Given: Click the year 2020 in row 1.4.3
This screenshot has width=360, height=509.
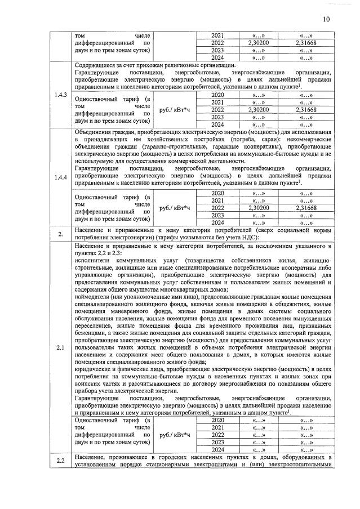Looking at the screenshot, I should click(217, 95).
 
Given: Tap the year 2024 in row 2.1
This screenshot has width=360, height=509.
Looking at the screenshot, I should click(217, 449).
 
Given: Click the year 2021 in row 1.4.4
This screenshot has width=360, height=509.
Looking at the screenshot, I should click(217, 200).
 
